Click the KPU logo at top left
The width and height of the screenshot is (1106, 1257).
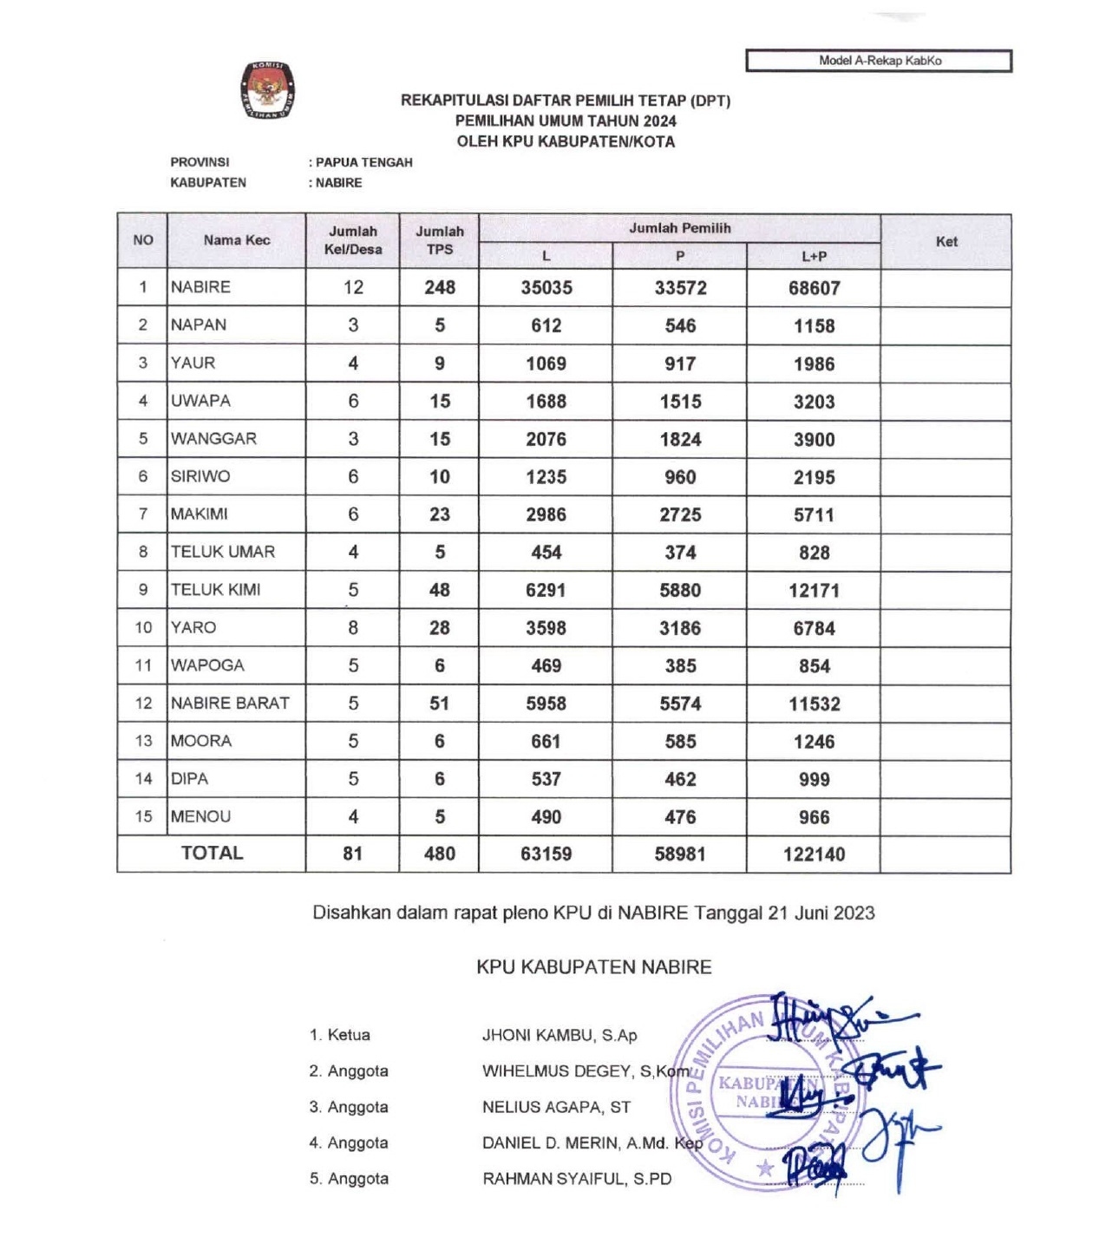pyautogui.click(x=267, y=90)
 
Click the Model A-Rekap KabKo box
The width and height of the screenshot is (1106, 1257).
pyautogui.click(x=879, y=61)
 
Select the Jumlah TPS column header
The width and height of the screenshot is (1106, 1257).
pyautogui.click(x=439, y=240)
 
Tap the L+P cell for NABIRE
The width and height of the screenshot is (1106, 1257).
pyautogui.click(x=814, y=288)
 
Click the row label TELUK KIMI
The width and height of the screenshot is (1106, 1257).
pyautogui.click(x=215, y=590)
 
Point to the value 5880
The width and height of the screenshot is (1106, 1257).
pyautogui.click(x=680, y=590)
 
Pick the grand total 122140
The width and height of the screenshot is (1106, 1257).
pyautogui.click(x=814, y=854)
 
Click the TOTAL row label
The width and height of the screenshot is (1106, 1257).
pyautogui.click(x=212, y=854)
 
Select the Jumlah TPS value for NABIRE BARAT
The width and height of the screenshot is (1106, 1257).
pyautogui.click(x=439, y=704)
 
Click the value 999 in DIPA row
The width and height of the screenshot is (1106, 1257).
pyautogui.click(x=814, y=779)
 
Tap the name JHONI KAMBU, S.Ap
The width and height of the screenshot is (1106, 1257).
pyautogui.click(x=560, y=1035)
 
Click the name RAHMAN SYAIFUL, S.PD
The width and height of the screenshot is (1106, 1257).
pyautogui.click(x=577, y=1179)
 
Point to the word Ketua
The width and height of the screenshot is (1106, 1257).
pyautogui.click(x=349, y=1035)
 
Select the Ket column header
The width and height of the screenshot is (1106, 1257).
pyautogui.click(x=946, y=242)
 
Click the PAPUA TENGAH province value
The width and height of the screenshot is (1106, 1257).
pyautogui.click(x=363, y=162)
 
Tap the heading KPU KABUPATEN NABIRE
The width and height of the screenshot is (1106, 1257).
pyautogui.click(x=593, y=967)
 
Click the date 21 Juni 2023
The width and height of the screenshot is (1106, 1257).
pyautogui.click(x=821, y=913)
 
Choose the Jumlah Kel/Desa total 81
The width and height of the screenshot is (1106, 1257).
pyautogui.click(x=352, y=854)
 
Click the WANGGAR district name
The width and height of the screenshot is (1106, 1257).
pyautogui.click(x=213, y=439)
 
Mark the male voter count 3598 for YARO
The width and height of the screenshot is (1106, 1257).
pyautogui.click(x=546, y=628)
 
